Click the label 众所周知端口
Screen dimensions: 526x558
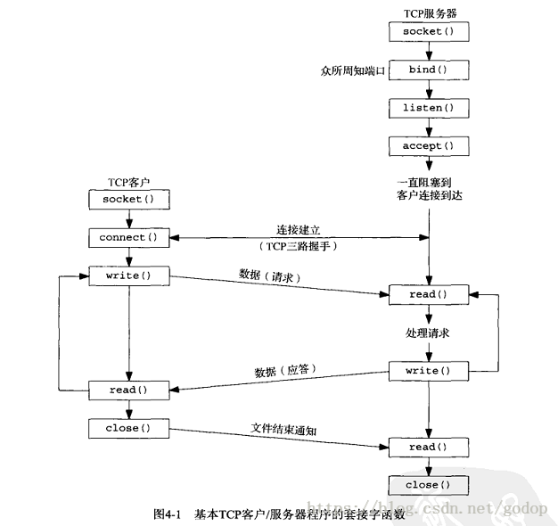coord(352,70)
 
